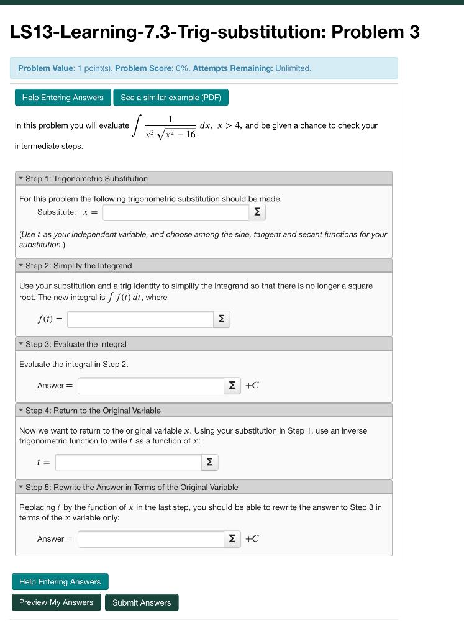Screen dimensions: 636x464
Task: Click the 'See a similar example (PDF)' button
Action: point(171,98)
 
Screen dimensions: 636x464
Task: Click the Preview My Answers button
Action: point(57,602)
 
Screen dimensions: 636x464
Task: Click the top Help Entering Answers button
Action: point(63,98)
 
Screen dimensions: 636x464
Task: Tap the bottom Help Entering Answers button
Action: point(60,582)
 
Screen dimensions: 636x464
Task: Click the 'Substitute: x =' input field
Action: point(176,212)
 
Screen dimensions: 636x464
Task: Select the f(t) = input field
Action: point(140,319)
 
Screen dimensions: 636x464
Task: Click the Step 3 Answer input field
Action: point(150,386)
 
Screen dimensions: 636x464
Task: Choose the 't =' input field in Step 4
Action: point(128,462)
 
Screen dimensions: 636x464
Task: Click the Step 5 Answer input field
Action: point(150,539)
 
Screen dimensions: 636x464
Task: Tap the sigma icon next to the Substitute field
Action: point(257,212)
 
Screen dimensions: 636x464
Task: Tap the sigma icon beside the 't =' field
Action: point(209,462)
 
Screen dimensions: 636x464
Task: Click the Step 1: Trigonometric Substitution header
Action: point(86,179)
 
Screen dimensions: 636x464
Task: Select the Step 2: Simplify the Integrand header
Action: point(78,266)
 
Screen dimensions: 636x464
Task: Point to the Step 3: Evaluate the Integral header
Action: point(76,344)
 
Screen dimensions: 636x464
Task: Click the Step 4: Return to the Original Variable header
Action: point(93,411)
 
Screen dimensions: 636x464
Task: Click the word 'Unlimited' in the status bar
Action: point(293,68)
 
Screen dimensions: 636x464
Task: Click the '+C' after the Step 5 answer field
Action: point(252,539)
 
